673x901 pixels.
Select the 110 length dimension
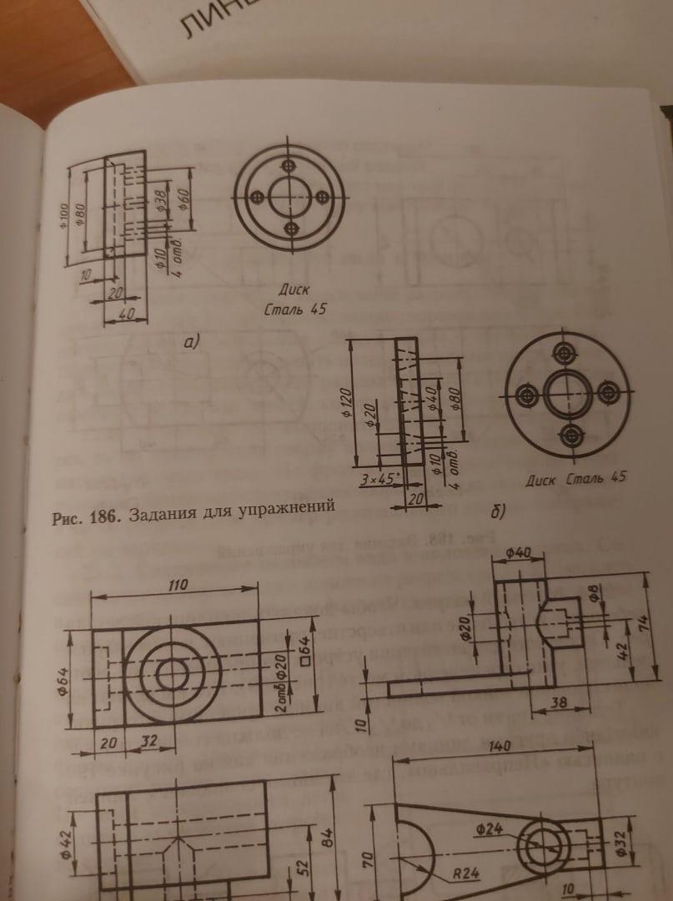pos(173,586)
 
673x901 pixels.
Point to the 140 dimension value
pos(497,747)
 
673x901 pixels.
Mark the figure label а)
pos(192,341)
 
